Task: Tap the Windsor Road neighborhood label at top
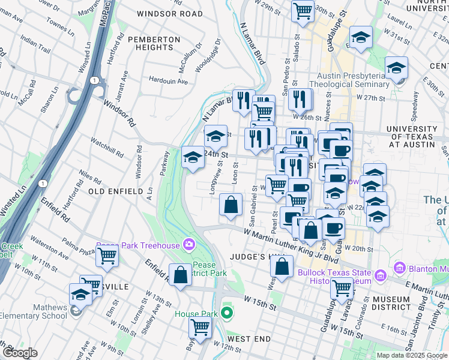point(170,13)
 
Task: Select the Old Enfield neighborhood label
point(116,191)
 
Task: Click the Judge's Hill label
point(252,257)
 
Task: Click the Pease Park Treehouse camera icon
point(189,245)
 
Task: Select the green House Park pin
point(226,313)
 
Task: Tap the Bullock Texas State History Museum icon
point(380,277)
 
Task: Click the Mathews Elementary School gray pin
point(74,310)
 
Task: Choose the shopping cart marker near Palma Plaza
point(107,256)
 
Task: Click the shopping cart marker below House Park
point(200,327)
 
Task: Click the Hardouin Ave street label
point(169,81)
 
